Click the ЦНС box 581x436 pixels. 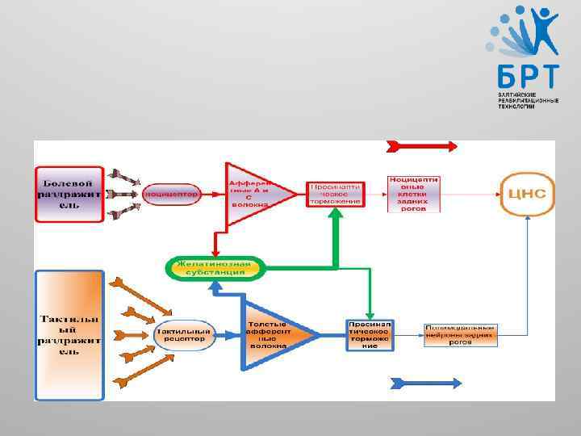click(x=527, y=194)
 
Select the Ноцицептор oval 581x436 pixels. click(x=170, y=195)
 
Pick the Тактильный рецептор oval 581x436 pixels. click(x=184, y=334)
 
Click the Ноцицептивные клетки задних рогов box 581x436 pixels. click(x=413, y=194)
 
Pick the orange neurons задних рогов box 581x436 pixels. click(x=461, y=334)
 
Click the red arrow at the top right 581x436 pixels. click(x=422, y=146)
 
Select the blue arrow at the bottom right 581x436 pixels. click(x=425, y=382)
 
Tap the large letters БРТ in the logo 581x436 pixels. click(x=527, y=78)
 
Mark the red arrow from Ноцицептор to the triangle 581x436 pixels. click(x=213, y=195)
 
